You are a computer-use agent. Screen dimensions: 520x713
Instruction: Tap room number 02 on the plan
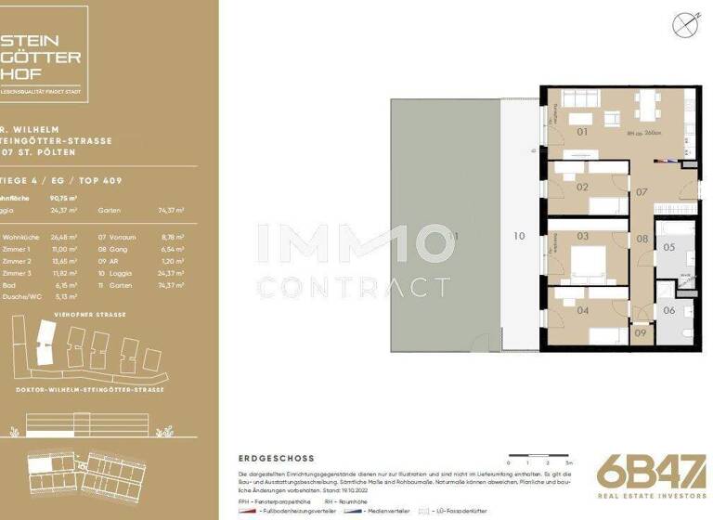point(583,187)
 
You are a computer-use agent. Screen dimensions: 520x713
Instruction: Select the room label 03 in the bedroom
point(583,237)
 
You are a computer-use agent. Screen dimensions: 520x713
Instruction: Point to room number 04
point(583,310)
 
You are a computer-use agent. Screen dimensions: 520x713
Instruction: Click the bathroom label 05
point(668,247)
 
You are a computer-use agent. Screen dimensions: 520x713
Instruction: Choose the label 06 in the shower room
point(668,311)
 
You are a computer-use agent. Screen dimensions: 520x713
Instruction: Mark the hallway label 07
point(642,193)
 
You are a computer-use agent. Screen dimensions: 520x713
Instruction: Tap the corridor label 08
point(642,240)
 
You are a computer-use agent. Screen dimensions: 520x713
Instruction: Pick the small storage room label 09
point(641,332)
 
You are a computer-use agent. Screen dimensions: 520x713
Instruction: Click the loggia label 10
point(519,236)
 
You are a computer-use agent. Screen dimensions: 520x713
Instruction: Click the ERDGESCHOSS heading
point(276,458)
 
